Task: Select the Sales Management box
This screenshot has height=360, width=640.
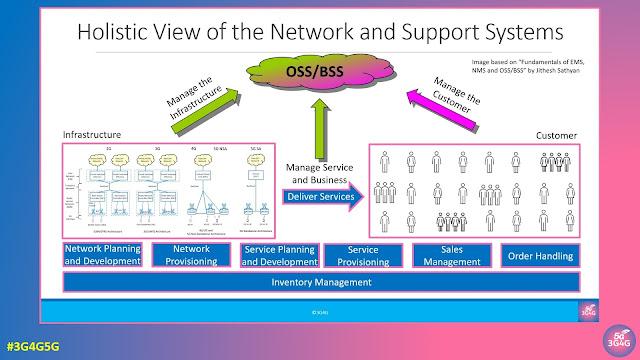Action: click(450, 255)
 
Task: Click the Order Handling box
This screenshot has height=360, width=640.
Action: click(539, 255)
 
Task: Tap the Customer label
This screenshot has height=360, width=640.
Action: click(557, 134)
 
